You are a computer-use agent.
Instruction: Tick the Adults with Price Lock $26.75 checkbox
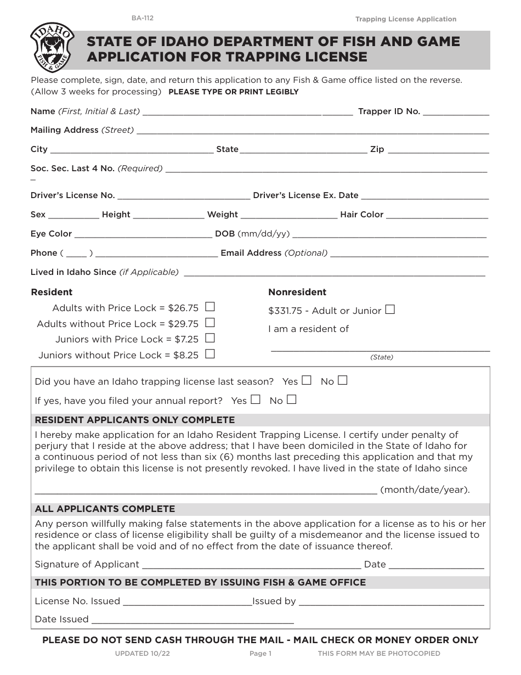pyautogui.click(x=209, y=307)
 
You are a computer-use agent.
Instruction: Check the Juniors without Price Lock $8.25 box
pyautogui.click(x=209, y=354)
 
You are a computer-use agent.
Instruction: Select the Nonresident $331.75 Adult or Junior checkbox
pyautogui.click(x=390, y=310)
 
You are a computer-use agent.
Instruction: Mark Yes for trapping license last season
pyautogui.click(x=307, y=380)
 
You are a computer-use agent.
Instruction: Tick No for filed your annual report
pyautogui.click(x=292, y=400)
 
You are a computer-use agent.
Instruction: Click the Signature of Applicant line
pyautogui.click(x=251, y=566)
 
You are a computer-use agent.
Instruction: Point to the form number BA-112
pyautogui.click(x=142, y=18)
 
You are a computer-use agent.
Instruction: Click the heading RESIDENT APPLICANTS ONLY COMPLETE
pyautogui.click(x=135, y=420)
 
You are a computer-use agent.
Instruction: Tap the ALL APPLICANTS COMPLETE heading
pyautogui.click(x=105, y=509)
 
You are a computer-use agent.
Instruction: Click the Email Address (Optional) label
pyautogui.click(x=274, y=253)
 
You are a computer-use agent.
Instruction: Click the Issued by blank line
pyautogui.click(x=391, y=603)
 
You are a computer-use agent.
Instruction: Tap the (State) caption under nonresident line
pyautogui.click(x=382, y=357)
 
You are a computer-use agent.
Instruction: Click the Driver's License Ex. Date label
pyautogui.click(x=305, y=195)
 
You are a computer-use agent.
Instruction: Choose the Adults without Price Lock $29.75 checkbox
pyautogui.click(x=209, y=323)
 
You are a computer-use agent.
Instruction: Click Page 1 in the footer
pyautogui.click(x=260, y=654)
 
